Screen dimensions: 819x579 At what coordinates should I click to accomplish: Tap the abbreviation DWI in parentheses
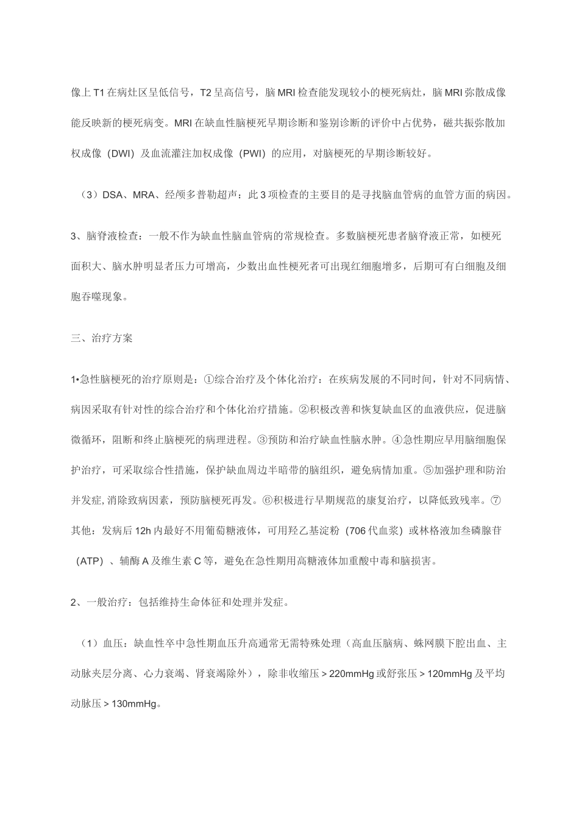[x=121, y=153]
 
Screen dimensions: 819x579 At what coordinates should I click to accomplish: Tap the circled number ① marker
[x=207, y=380]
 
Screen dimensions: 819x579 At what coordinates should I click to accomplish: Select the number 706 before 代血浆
[x=357, y=530]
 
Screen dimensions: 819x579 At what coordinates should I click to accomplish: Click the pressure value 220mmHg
[x=351, y=674]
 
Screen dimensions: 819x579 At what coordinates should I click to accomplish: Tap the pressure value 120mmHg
[x=450, y=674]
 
